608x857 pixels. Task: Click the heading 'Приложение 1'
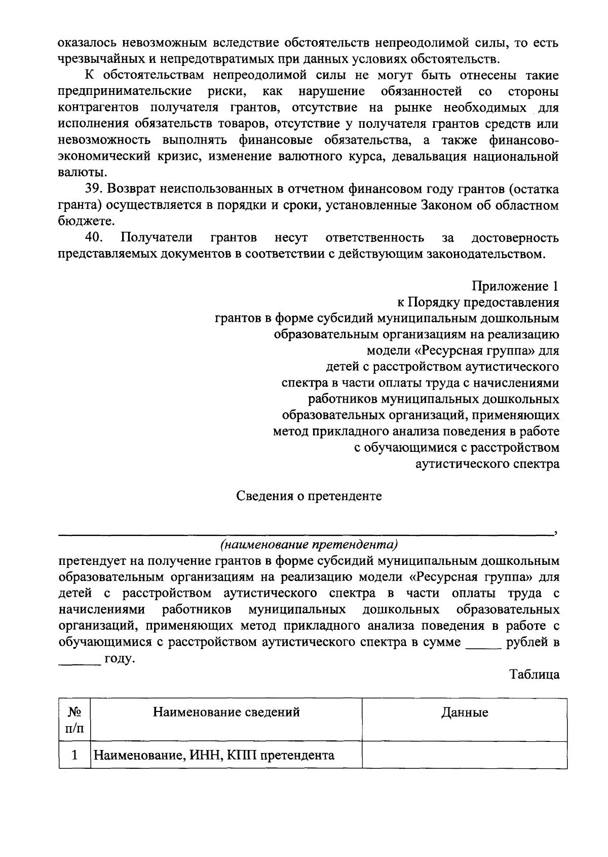coord(515,286)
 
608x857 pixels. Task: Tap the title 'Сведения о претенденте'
coord(309,496)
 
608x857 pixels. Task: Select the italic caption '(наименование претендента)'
coord(309,545)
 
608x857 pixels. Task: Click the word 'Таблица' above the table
coord(535,674)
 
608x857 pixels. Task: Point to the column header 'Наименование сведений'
coord(226,712)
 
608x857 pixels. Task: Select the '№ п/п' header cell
coord(75,720)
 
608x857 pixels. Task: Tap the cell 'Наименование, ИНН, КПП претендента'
coord(214,756)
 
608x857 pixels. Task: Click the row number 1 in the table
coord(75,756)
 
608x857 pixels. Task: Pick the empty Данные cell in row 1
coord(465,756)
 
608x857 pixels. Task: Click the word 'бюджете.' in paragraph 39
coord(86,222)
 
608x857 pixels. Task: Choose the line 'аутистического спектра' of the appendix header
coord(487,463)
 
